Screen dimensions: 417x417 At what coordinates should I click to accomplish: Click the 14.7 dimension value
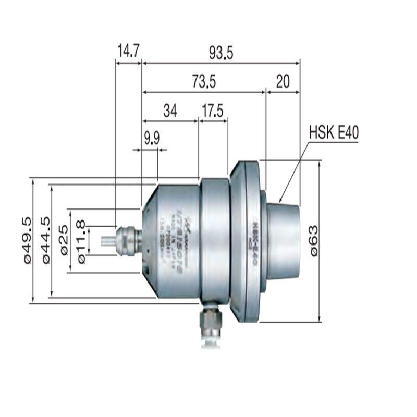[128, 51]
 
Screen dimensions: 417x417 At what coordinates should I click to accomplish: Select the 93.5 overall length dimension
[222, 52]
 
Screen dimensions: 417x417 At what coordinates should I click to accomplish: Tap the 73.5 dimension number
[204, 81]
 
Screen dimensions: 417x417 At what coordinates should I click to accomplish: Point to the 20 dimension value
[283, 81]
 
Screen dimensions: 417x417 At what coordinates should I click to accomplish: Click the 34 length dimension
[170, 111]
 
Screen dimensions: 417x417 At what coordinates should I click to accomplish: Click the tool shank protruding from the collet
[108, 240]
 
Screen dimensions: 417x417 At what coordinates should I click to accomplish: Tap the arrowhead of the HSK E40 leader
[281, 201]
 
